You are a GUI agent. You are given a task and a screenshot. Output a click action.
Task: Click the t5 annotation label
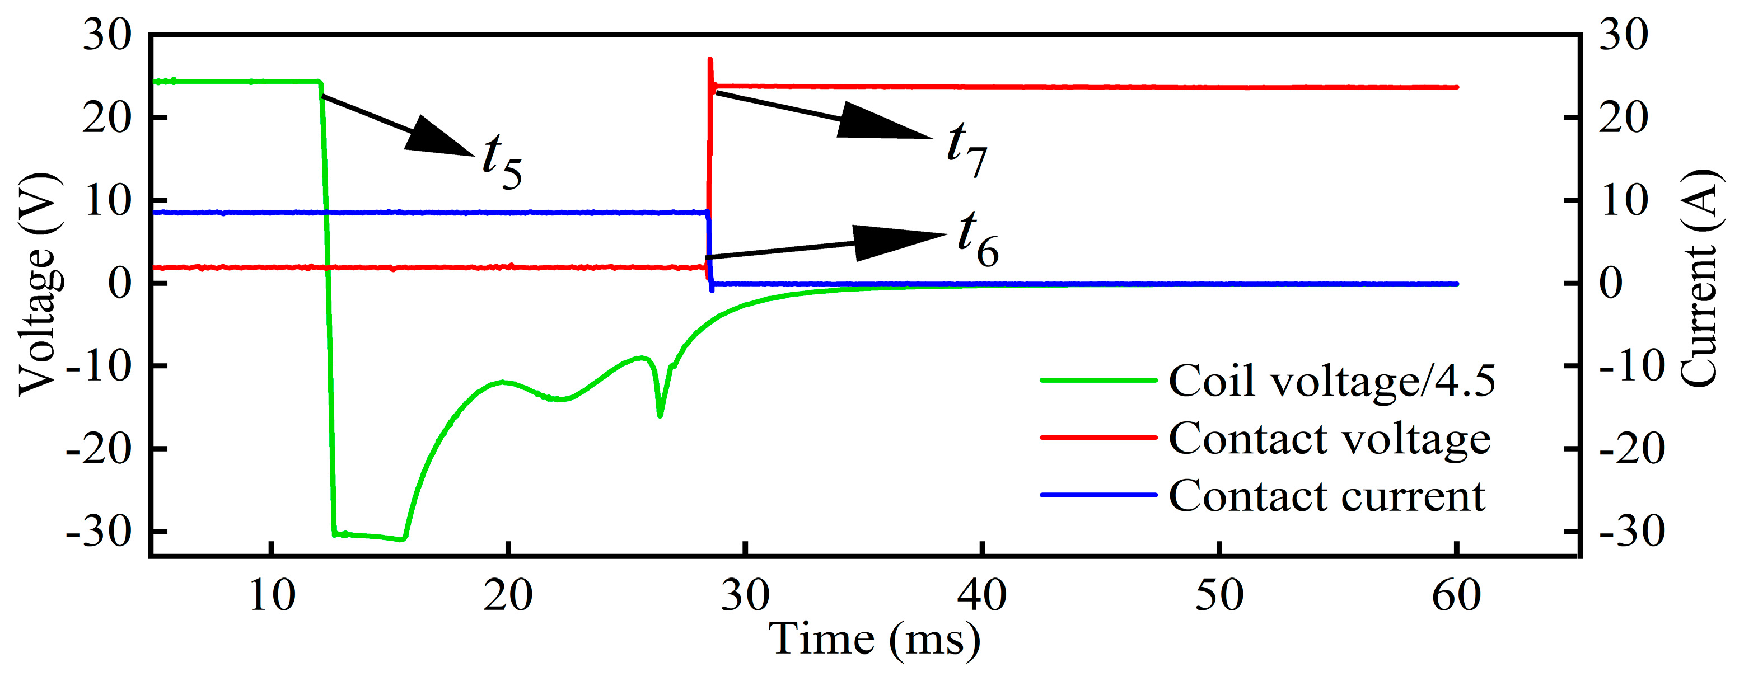point(502,161)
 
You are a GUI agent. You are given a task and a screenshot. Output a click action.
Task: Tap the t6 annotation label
point(978,238)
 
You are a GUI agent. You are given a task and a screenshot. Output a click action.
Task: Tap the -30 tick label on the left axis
point(98,532)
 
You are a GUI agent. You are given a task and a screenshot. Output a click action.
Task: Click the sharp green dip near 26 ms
point(660,414)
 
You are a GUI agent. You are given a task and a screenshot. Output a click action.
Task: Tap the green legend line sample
point(1098,381)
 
